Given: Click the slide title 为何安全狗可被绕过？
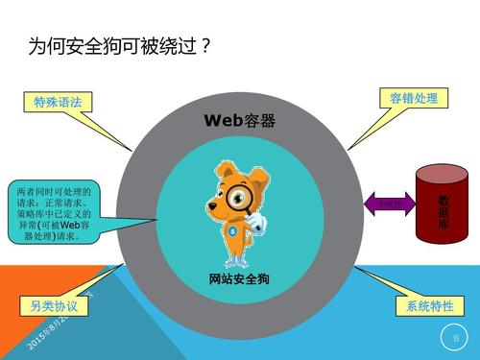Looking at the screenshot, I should [x=120, y=45].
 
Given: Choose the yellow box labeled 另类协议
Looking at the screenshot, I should [x=54, y=307].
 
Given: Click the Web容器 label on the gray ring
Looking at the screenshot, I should [x=240, y=121].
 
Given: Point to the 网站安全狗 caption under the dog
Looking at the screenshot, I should [x=240, y=279].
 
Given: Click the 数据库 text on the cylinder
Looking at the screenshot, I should [x=444, y=212].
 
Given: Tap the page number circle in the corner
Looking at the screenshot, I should [x=455, y=336].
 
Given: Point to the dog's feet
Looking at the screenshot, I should [x=237, y=261].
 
